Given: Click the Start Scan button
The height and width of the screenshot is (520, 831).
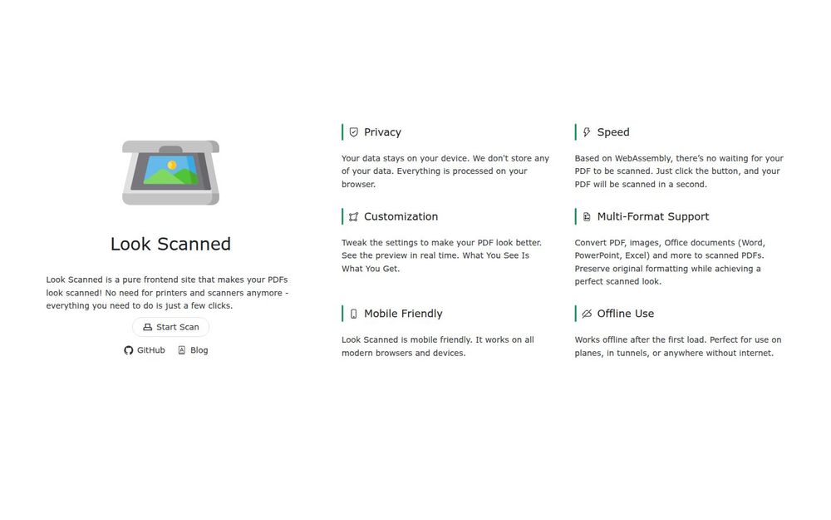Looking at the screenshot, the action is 170,327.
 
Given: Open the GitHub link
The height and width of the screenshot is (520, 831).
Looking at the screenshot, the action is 144,350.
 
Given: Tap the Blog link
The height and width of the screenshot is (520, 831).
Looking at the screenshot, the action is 193,350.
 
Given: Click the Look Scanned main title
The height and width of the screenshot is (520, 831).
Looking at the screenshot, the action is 170,244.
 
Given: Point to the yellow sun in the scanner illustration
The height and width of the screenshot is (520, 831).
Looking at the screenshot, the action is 172,165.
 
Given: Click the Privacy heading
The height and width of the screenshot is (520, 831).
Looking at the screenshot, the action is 382,132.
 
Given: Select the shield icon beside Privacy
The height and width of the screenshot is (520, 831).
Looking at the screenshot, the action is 353,132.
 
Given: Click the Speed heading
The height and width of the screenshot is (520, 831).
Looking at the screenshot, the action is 613,132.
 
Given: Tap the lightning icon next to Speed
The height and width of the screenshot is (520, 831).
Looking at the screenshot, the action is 587,132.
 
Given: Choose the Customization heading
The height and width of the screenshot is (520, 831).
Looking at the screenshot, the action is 401,216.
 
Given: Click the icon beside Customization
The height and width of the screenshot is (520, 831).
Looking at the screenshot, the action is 353,216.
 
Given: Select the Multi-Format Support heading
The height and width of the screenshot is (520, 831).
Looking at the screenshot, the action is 653,216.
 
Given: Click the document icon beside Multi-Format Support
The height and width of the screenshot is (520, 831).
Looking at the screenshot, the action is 587,216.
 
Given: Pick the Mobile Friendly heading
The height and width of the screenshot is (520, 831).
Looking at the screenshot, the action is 403,314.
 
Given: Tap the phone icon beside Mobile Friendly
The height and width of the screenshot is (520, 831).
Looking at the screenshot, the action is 353,314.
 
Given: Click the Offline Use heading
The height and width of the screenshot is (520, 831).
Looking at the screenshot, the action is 626,314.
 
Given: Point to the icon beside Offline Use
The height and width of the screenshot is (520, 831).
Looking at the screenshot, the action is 587,314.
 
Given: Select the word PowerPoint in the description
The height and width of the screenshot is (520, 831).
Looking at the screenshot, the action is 597,255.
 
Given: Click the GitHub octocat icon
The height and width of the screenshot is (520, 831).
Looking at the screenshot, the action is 128,350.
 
